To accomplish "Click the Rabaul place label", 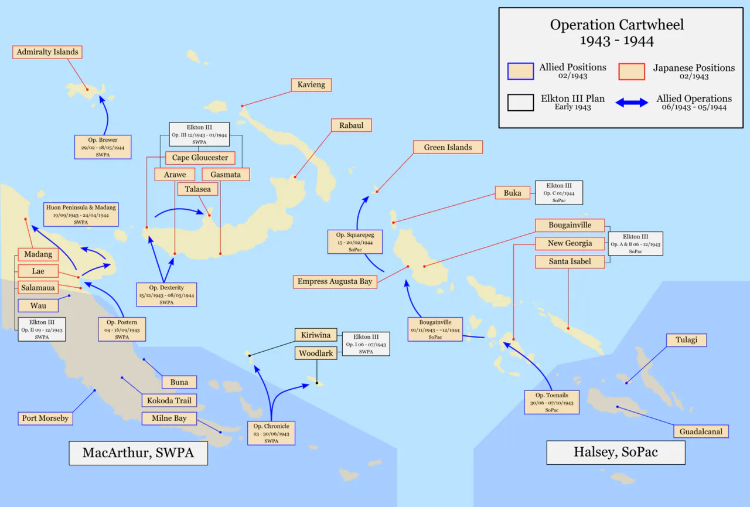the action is (x=351, y=125).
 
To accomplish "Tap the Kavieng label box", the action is (x=311, y=85).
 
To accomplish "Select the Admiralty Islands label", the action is (x=47, y=52).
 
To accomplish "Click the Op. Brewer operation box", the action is (x=103, y=147).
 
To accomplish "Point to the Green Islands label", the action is (x=448, y=147).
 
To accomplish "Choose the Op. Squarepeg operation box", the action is (x=355, y=242).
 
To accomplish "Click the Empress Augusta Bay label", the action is (x=335, y=281).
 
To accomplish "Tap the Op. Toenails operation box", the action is (x=551, y=402).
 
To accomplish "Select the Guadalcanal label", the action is (x=701, y=431).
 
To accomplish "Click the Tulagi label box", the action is (x=686, y=340).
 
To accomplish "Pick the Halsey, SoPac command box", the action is (x=616, y=452).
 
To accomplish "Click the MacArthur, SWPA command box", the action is (x=138, y=452).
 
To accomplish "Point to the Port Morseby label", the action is (x=45, y=418).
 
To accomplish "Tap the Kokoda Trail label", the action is (x=169, y=400).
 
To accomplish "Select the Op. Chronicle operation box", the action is (x=271, y=433).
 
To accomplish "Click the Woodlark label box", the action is (x=316, y=353).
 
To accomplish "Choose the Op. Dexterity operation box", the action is (x=166, y=295).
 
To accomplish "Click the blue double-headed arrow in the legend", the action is (x=632, y=103).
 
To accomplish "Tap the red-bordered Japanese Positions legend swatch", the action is (x=632, y=72).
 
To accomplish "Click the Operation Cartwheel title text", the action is (x=617, y=33).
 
